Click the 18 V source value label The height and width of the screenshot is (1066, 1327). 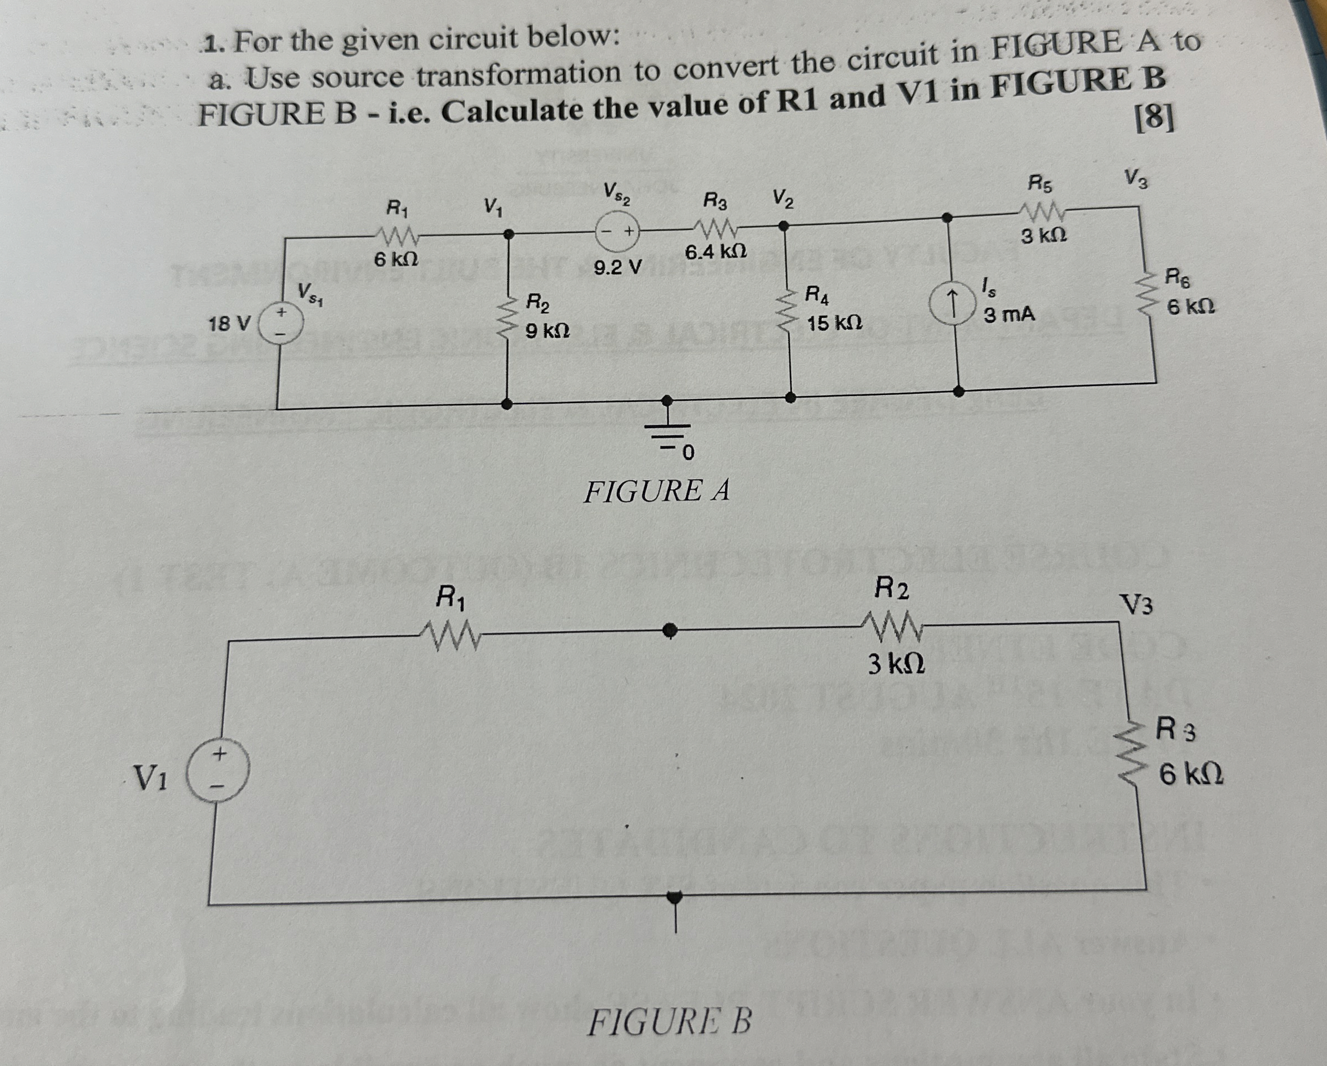pyautogui.click(x=229, y=323)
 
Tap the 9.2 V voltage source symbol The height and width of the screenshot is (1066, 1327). pyautogui.click(x=618, y=233)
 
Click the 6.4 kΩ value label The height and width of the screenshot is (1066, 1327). pyautogui.click(x=715, y=252)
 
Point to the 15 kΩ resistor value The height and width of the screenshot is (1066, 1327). pyautogui.click(x=834, y=323)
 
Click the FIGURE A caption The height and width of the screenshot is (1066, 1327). pyautogui.click(x=656, y=491)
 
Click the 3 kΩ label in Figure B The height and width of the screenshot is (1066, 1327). pyautogui.click(x=896, y=664)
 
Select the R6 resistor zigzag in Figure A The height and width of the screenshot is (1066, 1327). pyautogui.click(x=1146, y=296)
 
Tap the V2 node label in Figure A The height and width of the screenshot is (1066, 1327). pyautogui.click(x=782, y=199)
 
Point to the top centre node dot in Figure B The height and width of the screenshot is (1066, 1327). pyautogui.click(x=670, y=630)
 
